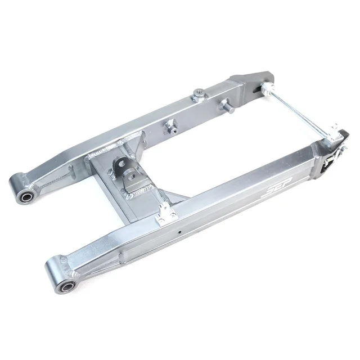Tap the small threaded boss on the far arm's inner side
point(169,126)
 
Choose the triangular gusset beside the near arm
point(175,197)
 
